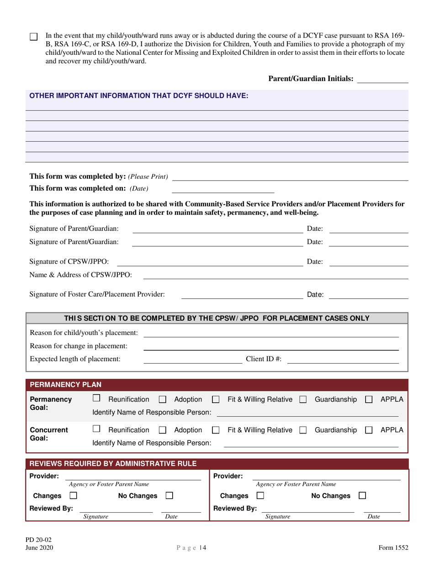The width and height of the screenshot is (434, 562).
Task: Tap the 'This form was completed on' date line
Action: pyautogui.click(x=222, y=189)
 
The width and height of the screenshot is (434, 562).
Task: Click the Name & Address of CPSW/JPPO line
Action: pyautogui.click(x=275, y=275)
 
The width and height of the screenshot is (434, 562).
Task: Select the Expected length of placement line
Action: pyautogui.click(x=193, y=360)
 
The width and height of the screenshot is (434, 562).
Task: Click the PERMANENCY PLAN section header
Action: pyautogui.click(x=66, y=384)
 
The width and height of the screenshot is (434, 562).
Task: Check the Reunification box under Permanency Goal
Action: pyautogui.click(x=96, y=399)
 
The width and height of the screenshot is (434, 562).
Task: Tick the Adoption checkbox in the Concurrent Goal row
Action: pyautogui.click(x=162, y=430)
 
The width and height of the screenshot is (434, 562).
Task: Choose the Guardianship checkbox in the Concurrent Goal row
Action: pyautogui.click(x=303, y=430)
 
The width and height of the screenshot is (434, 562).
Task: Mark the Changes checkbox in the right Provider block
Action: pyautogui.click(x=260, y=496)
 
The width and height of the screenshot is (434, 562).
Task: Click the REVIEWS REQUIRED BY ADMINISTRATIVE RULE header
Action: pyautogui.click(x=113, y=464)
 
